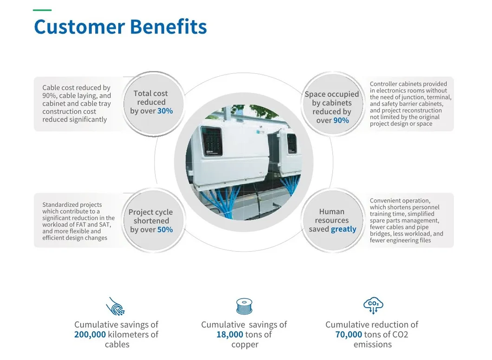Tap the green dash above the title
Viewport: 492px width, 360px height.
[42, 10]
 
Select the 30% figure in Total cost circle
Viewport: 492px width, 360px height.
[165, 111]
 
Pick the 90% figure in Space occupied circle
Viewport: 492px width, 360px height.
[341, 121]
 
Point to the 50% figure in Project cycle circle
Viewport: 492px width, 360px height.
[165, 230]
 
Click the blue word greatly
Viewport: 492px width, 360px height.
[343, 229]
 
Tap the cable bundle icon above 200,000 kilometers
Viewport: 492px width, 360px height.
[116, 307]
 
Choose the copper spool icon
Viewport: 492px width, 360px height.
[244, 307]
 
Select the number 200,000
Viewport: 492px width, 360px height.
[90, 334]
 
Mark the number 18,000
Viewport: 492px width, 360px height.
[230, 334]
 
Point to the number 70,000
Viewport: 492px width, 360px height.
[349, 334]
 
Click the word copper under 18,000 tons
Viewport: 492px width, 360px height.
[245, 345]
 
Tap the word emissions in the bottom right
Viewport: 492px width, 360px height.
[372, 345]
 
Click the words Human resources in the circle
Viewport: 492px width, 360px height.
[331, 216]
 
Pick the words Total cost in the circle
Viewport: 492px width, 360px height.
[151, 93]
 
